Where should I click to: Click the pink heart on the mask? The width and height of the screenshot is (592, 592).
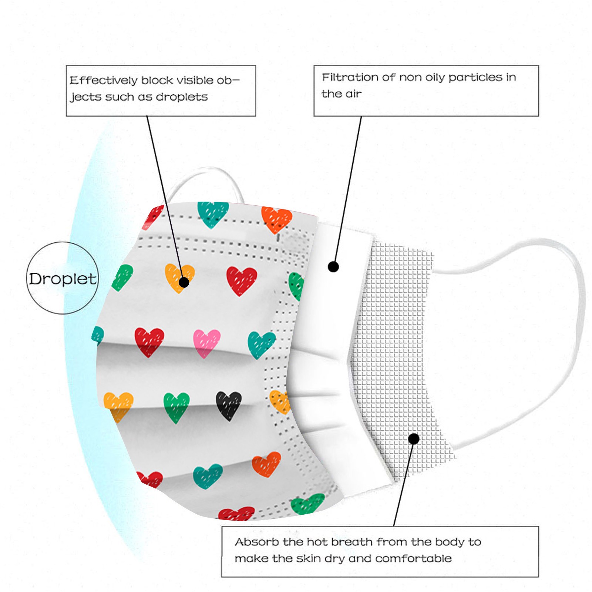point(206,343)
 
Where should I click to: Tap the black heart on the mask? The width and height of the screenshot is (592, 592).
point(228,405)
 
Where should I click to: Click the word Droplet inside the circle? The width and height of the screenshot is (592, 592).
point(63,279)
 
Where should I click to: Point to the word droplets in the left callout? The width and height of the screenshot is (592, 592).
point(182,97)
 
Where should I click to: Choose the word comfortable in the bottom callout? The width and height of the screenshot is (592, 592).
point(413,558)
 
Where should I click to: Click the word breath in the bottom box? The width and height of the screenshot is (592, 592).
point(351,542)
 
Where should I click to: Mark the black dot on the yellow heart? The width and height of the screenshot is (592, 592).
point(184,282)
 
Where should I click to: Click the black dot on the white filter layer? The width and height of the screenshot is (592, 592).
point(333,266)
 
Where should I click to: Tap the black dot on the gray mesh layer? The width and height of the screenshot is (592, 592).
point(414,439)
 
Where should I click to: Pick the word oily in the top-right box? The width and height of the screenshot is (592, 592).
point(435,77)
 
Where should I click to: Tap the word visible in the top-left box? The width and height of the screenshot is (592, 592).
point(195,80)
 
